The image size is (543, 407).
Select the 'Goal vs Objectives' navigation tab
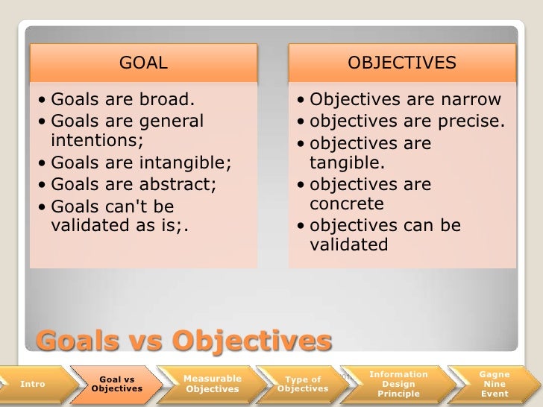[116, 384]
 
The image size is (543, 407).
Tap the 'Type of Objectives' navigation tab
[303, 384]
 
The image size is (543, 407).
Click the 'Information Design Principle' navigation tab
[399, 383]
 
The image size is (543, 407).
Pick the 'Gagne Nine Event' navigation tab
[494, 383]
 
